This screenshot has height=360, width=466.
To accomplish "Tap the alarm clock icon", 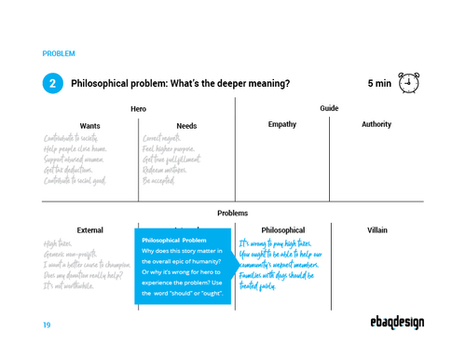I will [x=407, y=83].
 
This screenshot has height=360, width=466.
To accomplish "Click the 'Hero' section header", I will [x=139, y=109].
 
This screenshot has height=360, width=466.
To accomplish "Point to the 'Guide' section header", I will [x=329, y=109].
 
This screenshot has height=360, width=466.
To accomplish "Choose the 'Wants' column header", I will [x=90, y=125].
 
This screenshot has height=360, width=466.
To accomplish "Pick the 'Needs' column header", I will [x=186, y=125].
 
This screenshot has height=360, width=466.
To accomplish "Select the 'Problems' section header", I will [x=233, y=213].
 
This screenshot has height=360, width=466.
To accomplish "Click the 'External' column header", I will [x=90, y=229].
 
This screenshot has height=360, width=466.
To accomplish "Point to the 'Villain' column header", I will [x=377, y=229].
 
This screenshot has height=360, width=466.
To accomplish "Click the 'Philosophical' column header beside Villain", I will [x=282, y=229].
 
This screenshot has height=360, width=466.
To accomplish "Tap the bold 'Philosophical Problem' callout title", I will [x=174, y=240].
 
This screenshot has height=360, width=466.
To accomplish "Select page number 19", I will [x=47, y=325].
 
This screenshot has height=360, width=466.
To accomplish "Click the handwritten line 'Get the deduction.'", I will [x=71, y=170].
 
